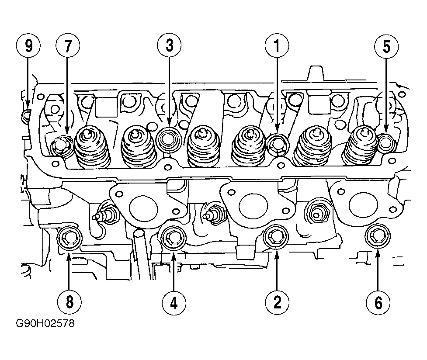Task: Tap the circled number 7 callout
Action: [x=67, y=45]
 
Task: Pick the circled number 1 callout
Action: [x=277, y=45]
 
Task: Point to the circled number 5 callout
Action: [x=387, y=45]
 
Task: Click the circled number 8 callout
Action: [x=69, y=301]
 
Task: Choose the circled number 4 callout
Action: [x=174, y=301]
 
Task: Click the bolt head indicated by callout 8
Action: [x=70, y=239]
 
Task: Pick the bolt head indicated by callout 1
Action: [x=277, y=144]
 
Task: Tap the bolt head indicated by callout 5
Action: [x=385, y=142]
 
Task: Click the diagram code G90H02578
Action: [x=45, y=325]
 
